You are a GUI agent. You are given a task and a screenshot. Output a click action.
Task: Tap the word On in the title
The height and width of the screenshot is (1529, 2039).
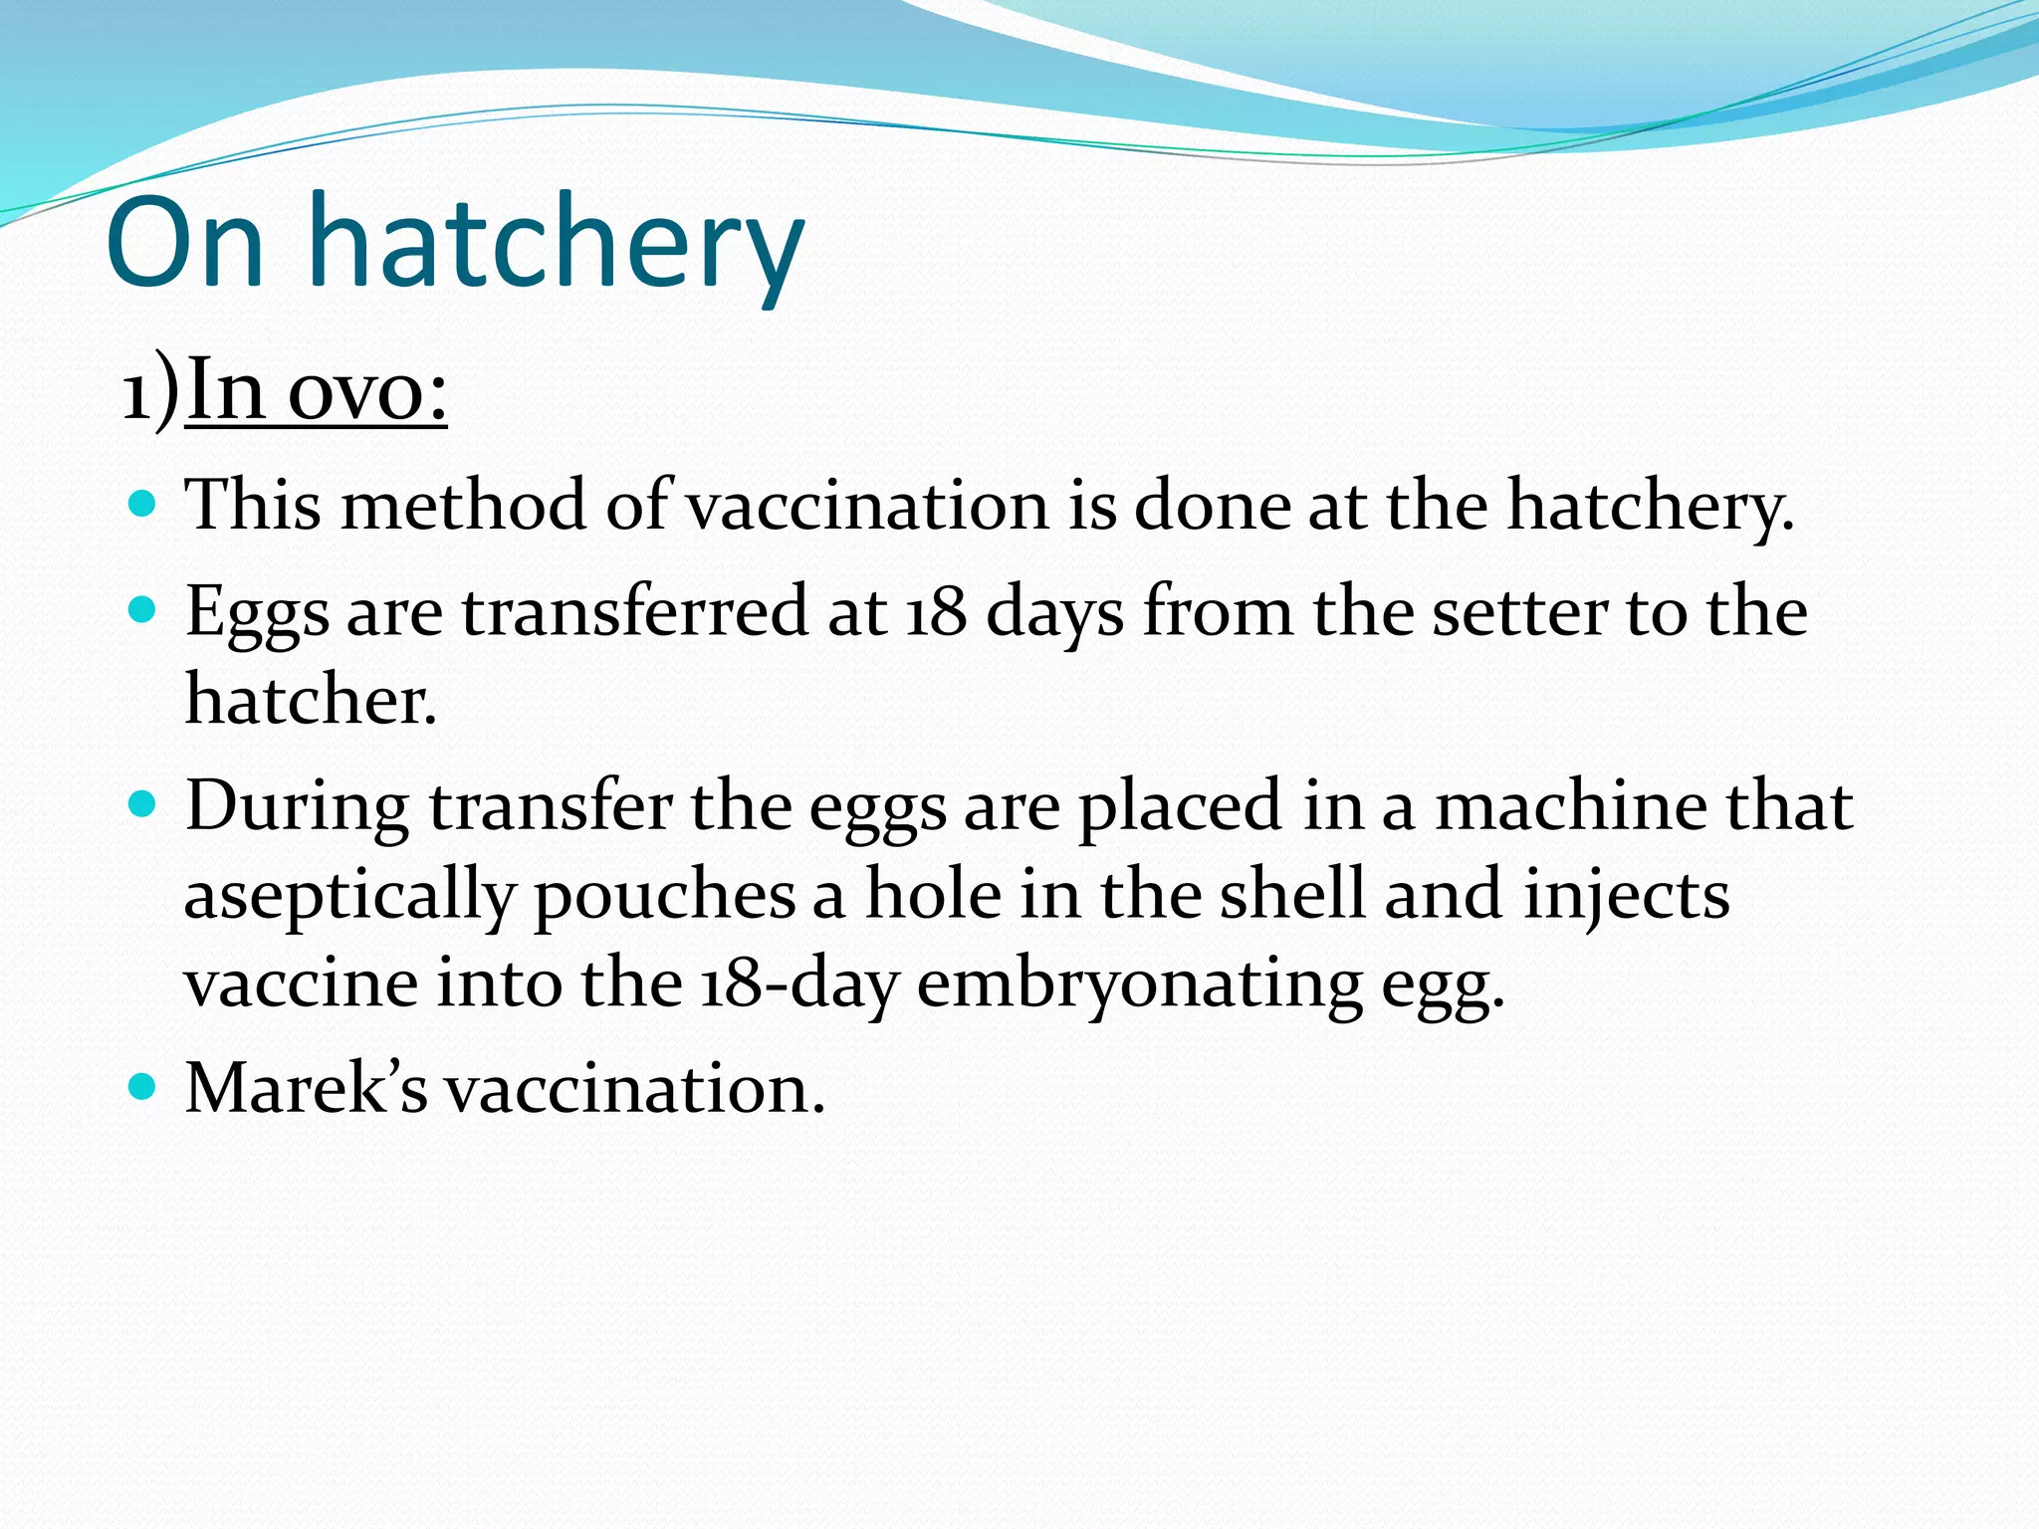point(185,244)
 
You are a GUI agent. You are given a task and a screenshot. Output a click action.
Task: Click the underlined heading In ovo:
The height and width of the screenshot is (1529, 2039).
point(317,390)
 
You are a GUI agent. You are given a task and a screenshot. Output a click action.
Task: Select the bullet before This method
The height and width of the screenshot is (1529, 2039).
point(143,504)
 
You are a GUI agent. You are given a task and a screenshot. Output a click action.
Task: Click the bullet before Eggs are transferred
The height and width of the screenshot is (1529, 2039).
point(143,609)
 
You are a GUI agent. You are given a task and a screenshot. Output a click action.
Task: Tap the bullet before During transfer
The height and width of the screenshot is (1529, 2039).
point(143,804)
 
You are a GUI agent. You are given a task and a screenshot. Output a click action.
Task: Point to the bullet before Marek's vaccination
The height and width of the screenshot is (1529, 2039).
point(143,1087)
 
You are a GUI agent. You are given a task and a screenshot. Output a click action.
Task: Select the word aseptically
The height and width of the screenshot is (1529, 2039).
point(348,896)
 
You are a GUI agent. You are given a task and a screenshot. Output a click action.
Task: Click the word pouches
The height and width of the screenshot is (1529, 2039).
point(664,896)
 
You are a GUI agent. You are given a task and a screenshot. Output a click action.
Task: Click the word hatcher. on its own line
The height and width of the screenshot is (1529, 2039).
point(311,699)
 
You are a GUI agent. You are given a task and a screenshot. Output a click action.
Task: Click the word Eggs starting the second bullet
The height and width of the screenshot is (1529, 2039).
point(257,613)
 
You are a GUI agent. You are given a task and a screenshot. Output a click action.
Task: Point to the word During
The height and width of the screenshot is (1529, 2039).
point(297,806)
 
